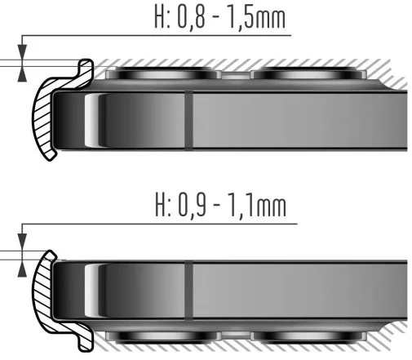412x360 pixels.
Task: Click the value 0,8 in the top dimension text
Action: coord(191,18)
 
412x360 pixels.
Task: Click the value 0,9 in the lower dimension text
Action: coord(192,205)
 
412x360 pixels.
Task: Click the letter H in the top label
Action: coord(160,17)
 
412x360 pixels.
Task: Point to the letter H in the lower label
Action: coord(161,205)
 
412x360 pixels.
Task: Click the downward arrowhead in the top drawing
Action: coord(22,52)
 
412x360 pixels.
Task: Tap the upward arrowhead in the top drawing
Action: coord(22,74)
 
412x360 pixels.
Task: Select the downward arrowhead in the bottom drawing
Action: coord(22,241)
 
